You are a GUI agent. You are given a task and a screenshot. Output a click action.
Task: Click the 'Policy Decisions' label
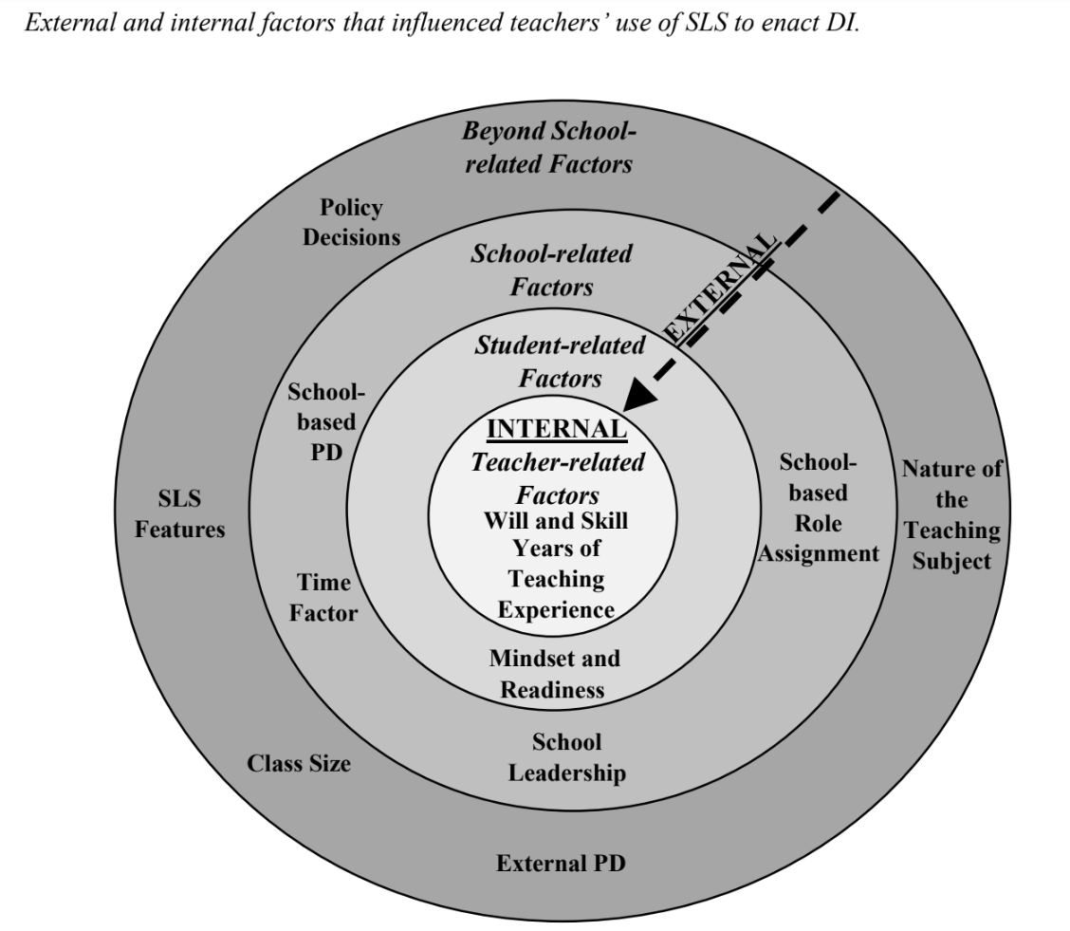click(351, 222)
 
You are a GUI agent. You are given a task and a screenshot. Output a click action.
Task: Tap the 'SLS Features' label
click(180, 513)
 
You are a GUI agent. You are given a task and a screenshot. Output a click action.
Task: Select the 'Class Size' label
click(299, 762)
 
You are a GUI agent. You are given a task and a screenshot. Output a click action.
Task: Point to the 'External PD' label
click(561, 864)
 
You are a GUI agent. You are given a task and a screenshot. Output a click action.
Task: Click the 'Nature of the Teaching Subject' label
click(951, 514)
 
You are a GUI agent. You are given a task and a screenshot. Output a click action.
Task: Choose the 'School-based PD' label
click(320, 421)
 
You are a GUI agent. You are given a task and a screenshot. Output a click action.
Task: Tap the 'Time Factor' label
click(323, 598)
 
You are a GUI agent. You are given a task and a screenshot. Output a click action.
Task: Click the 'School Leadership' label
click(566, 757)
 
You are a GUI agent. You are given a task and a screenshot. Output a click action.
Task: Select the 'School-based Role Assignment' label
click(818, 508)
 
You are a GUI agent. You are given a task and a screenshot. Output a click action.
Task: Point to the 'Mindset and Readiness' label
click(554, 674)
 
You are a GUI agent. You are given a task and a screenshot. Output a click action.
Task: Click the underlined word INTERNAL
click(557, 428)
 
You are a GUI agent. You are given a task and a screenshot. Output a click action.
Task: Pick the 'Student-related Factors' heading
click(560, 362)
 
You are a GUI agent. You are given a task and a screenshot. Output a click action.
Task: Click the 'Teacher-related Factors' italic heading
click(558, 478)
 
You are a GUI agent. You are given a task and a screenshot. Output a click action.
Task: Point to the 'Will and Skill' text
click(556, 521)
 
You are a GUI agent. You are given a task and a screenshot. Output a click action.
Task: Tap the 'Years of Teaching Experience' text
click(556, 578)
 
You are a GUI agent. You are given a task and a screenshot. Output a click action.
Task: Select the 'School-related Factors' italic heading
click(551, 270)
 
